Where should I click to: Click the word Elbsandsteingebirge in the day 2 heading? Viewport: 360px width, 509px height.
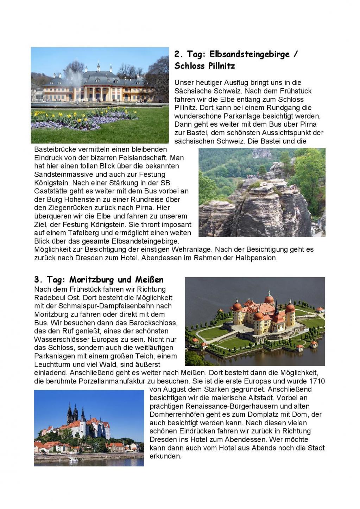[x=250, y=55]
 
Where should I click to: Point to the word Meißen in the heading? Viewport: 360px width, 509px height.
[x=149, y=280]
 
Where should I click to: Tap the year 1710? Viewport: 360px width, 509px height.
[x=317, y=381]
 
